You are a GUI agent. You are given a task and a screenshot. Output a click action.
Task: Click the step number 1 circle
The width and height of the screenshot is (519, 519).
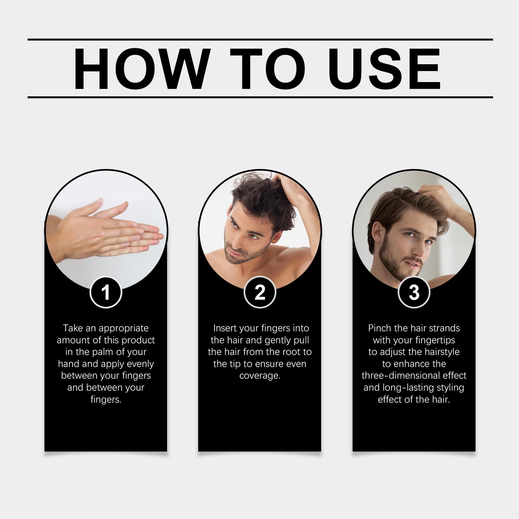[x=106, y=292]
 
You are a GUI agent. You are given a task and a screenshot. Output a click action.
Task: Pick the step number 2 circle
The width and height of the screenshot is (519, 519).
[x=259, y=292]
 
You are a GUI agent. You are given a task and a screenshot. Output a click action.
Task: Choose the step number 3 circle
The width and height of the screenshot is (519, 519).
[x=414, y=292]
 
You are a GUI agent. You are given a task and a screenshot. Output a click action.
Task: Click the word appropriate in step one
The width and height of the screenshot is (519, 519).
[x=124, y=329]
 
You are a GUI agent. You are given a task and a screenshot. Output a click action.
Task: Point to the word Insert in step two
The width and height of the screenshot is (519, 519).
[x=225, y=328]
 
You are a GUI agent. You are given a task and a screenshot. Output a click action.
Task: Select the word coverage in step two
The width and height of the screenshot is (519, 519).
[x=260, y=376]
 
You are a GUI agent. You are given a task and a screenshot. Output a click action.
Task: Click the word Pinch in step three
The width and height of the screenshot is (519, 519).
[x=380, y=328]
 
